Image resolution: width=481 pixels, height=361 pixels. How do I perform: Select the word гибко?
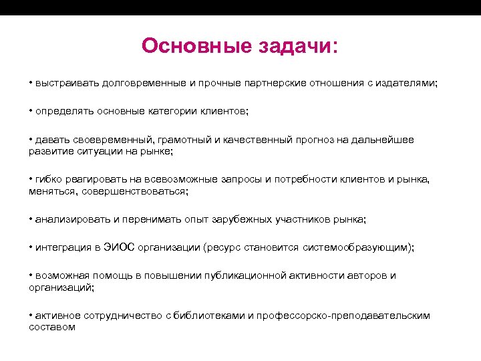pos(47,180)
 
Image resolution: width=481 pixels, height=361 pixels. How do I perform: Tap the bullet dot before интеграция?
pos(31,247)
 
